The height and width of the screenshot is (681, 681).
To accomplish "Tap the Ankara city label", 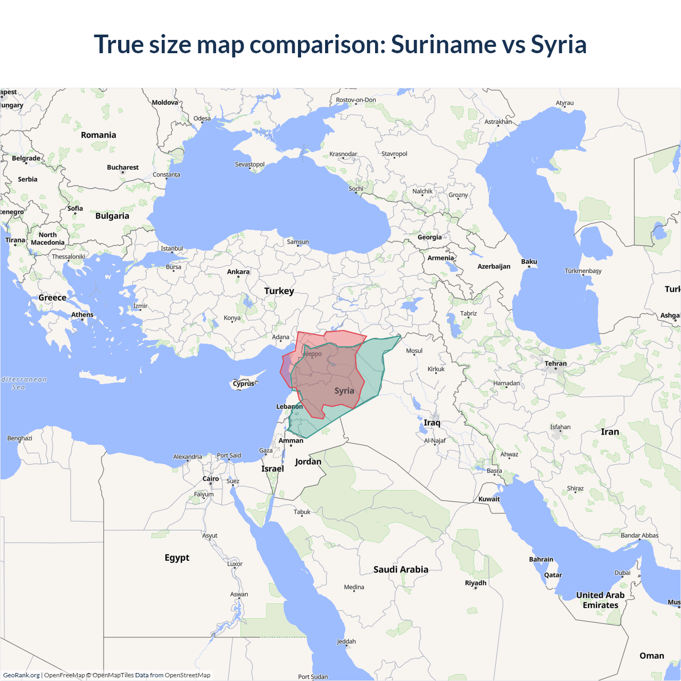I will click(238, 272).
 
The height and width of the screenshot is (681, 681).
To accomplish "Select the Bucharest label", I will click(123, 168).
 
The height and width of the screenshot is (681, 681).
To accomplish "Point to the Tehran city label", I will click(555, 364).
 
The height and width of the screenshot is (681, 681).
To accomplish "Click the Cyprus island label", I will click(244, 384).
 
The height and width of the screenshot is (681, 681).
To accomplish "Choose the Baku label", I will click(529, 262).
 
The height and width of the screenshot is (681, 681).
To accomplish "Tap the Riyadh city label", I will click(476, 583).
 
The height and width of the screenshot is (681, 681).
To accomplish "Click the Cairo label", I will click(211, 479).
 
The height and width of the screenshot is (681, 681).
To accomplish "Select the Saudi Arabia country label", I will click(401, 570).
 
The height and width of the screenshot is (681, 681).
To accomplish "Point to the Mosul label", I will click(414, 351).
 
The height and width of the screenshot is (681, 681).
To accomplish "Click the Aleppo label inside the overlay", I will click(312, 354).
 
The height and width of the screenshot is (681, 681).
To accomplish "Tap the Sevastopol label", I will click(250, 164).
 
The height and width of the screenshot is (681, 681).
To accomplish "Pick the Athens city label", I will click(82, 315).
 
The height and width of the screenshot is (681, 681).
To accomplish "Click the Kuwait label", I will click(489, 499).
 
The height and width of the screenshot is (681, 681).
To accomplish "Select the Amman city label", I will click(291, 441).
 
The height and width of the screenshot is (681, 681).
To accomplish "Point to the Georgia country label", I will click(429, 237).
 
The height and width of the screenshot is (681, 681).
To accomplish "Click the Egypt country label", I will click(177, 558).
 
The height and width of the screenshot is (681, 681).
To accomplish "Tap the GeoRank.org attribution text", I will click(21, 675).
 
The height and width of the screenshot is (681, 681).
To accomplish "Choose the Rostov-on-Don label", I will click(356, 100).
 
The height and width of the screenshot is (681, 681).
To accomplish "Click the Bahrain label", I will click(541, 560).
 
